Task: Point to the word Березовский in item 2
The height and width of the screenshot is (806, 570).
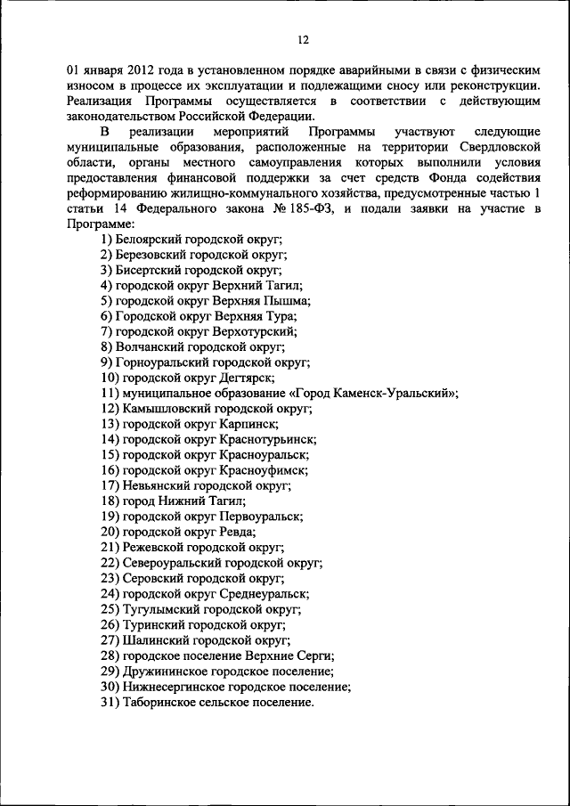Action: point(152,254)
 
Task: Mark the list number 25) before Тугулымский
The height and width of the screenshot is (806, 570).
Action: point(110,608)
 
